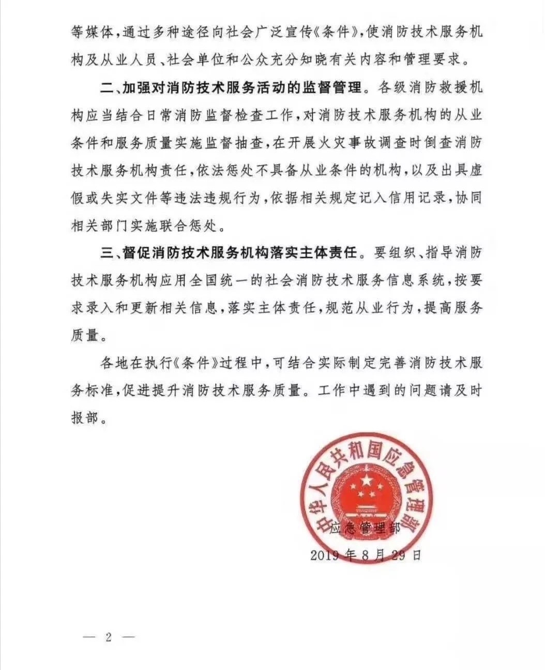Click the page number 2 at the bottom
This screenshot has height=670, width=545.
point(109,637)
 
